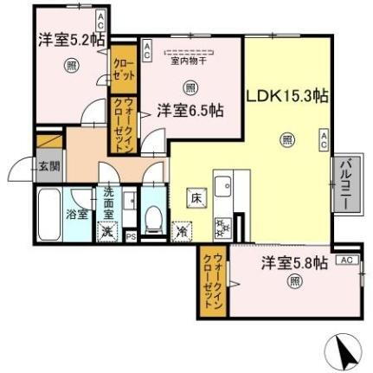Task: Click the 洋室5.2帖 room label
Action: [71, 40]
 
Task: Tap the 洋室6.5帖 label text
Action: [190, 110]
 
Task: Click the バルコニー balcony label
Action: [344, 180]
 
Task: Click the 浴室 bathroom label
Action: [77, 214]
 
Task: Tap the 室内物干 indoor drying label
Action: [189, 60]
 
